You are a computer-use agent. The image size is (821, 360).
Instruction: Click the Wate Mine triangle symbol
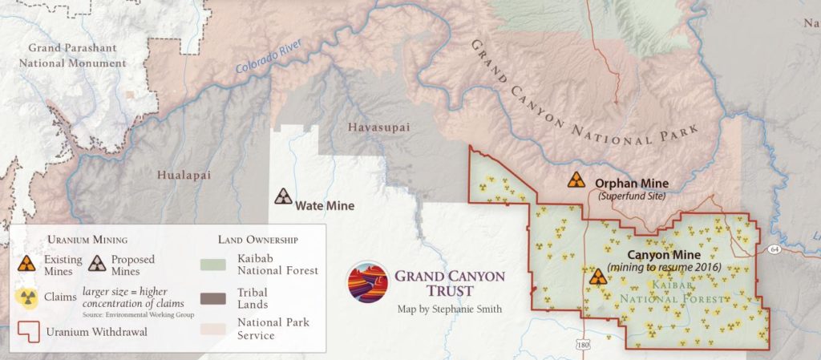(283, 196)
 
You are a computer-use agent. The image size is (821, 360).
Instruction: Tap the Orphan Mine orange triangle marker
(576, 180)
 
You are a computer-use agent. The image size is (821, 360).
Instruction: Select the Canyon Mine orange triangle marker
(597, 277)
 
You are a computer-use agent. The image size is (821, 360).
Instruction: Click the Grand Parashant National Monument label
(76, 55)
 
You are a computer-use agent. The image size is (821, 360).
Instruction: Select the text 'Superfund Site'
(631, 196)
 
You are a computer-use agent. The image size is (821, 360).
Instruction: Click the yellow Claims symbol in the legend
(27, 297)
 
